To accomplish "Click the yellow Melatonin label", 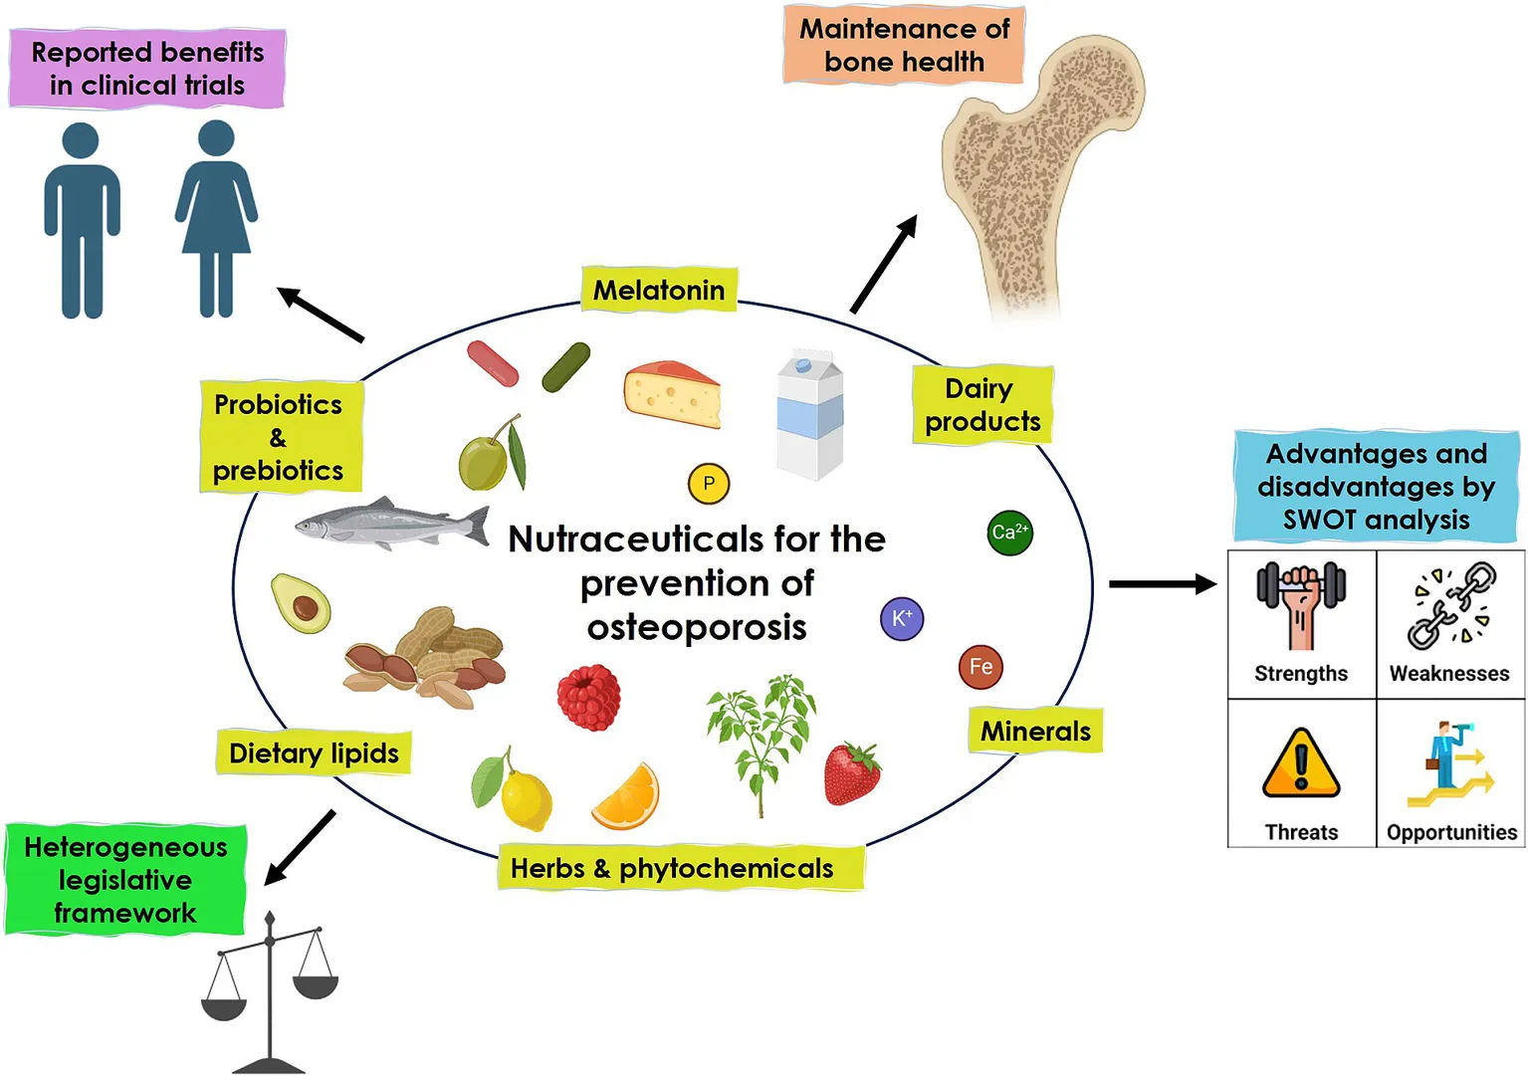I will pyautogui.click(x=659, y=290).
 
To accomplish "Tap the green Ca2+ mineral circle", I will pyautogui.click(x=1009, y=533).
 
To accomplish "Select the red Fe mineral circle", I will pyautogui.click(x=981, y=667).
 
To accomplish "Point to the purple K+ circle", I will pyautogui.click(x=902, y=619).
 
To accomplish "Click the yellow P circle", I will pyautogui.click(x=709, y=485).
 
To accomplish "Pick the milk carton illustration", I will pyautogui.click(x=810, y=415).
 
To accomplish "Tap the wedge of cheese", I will pyautogui.click(x=672, y=394).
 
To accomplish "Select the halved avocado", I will pyautogui.click(x=301, y=603).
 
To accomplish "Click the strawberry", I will pyautogui.click(x=852, y=773).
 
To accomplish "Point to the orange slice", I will pyautogui.click(x=626, y=797).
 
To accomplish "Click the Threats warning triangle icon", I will pyautogui.click(x=1300, y=764).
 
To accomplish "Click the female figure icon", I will pyautogui.click(x=216, y=219).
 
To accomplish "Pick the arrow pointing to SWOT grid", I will pyautogui.click(x=1162, y=584).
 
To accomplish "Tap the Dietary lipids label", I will pyautogui.click(x=314, y=754).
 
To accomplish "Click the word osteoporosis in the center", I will pyautogui.click(x=697, y=628).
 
